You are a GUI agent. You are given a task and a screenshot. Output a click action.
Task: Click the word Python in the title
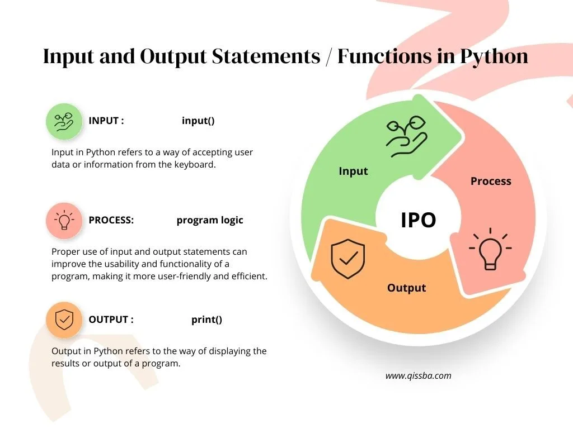click(x=494, y=57)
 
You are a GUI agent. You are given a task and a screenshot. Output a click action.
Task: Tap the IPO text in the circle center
click(x=419, y=220)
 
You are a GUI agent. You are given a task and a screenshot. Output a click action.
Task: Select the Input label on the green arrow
click(x=354, y=171)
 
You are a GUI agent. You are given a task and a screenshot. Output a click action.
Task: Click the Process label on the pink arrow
click(x=491, y=182)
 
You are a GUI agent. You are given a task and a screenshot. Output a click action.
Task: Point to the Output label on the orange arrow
click(x=406, y=288)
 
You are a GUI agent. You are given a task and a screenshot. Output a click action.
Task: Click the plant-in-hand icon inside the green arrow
click(x=407, y=136)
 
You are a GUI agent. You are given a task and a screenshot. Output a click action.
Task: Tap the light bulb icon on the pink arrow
click(x=490, y=249)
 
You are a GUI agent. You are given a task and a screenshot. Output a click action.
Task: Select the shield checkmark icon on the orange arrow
click(x=348, y=259)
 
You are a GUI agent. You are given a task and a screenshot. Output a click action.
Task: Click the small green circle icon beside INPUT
click(x=64, y=121)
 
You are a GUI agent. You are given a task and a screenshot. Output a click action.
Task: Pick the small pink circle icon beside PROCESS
click(x=64, y=220)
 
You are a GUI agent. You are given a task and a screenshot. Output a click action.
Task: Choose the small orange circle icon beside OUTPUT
click(x=64, y=320)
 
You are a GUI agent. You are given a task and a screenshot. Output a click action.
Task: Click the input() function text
click(x=198, y=121)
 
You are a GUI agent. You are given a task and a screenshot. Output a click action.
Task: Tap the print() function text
click(x=207, y=320)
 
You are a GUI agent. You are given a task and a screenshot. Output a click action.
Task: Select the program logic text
click(x=210, y=220)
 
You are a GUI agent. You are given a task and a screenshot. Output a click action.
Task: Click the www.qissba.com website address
click(x=419, y=376)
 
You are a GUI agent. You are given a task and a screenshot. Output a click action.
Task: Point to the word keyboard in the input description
click(x=195, y=165)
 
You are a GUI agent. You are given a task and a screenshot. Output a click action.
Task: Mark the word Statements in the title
click(x=266, y=56)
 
